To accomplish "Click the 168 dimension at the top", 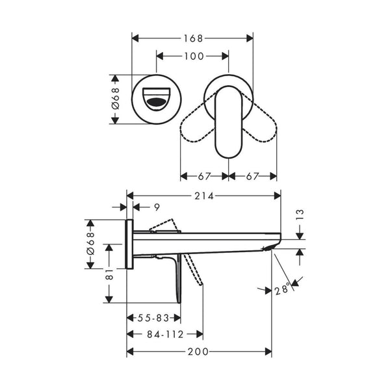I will coord(192,37).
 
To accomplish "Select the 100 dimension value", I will coord(193,57).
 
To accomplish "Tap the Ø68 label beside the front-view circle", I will coord(115,97).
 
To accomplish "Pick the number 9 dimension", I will coord(157,207).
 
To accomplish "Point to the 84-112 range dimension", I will coord(164,335).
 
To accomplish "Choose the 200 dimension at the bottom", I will coord(199,352).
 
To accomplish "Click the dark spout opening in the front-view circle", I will coord(157,102).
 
